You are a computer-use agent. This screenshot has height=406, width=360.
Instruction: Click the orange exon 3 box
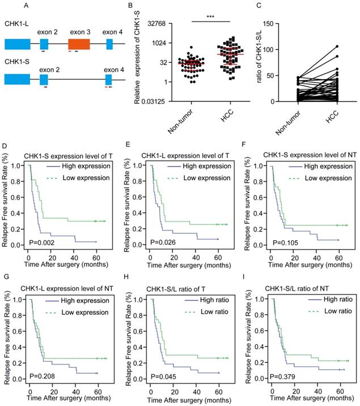point(79,44)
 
